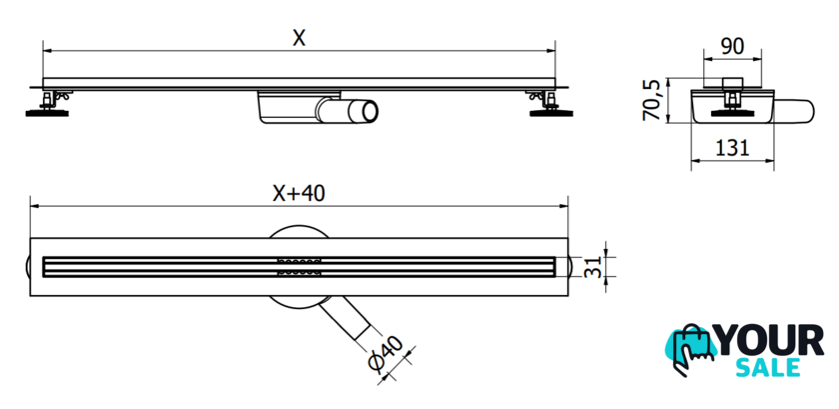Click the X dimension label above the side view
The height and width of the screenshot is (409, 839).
pos(299,38)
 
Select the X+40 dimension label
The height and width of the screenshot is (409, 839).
pos(299,194)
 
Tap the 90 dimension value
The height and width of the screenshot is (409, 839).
pos(732,47)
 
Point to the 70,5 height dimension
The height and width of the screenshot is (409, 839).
pos(651,100)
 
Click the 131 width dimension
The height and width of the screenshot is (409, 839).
pos(732,147)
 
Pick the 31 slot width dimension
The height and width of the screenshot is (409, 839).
pos(592,266)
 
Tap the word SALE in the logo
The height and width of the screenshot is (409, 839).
pos(768,368)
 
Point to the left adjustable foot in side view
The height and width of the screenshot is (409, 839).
pos(47,105)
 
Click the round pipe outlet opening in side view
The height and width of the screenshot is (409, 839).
pos(370,111)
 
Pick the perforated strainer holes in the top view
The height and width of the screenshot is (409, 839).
pos(300,266)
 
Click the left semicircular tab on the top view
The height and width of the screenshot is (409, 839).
pos(27,266)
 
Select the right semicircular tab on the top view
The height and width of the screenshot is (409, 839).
pos(571,266)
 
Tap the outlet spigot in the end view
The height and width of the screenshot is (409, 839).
pos(794,110)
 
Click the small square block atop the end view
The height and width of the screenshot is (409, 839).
pos(732,83)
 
